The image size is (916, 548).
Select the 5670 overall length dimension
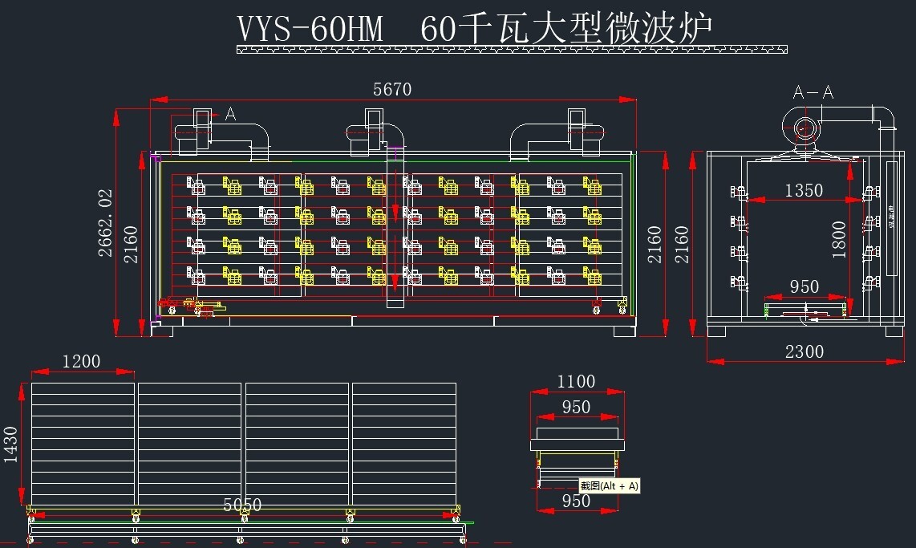(x=392, y=89)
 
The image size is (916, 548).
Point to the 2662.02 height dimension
(x=105, y=222)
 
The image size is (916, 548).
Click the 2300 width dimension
(x=804, y=351)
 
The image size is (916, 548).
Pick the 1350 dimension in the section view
(x=804, y=190)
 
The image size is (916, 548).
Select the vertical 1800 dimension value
(x=839, y=239)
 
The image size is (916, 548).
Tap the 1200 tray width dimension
(x=81, y=362)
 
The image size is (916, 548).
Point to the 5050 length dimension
(x=241, y=505)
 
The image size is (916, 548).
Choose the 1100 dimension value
(x=576, y=381)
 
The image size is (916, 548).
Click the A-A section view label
(x=813, y=92)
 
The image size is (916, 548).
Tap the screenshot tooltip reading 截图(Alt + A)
(x=610, y=485)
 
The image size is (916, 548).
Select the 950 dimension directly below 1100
(x=576, y=407)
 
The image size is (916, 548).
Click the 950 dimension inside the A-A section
(x=804, y=286)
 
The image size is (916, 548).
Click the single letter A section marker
(x=230, y=114)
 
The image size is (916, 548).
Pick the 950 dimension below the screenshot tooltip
(x=576, y=501)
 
